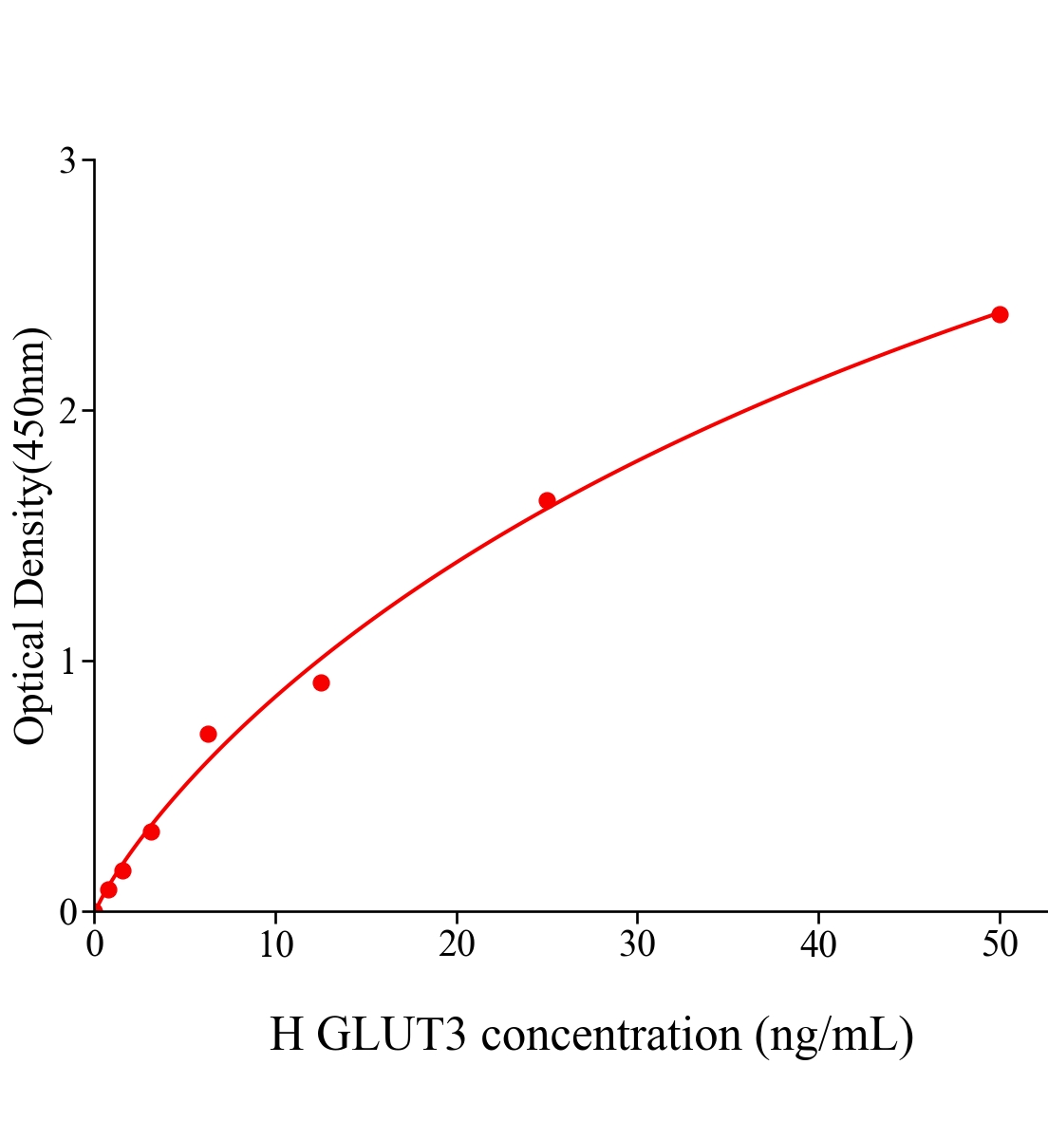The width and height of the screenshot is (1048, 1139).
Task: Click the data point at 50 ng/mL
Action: pyautogui.click(x=1000, y=314)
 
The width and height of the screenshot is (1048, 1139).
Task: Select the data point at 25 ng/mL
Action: pyautogui.click(x=547, y=500)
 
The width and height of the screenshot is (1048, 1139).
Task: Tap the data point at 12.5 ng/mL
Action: pyautogui.click(x=321, y=682)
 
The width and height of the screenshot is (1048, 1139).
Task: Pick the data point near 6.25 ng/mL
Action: pyautogui.click(x=208, y=734)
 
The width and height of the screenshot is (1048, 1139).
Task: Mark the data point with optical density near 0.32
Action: pyautogui.click(x=151, y=831)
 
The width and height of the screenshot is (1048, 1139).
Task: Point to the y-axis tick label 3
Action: pyautogui.click(x=67, y=161)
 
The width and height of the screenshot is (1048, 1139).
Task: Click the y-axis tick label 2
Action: pyautogui.click(x=67, y=411)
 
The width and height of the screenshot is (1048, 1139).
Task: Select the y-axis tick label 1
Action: pyautogui.click(x=67, y=662)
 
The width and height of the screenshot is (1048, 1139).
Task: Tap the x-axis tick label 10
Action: pyautogui.click(x=275, y=944)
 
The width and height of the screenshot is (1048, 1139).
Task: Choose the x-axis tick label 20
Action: pyautogui.click(x=457, y=944)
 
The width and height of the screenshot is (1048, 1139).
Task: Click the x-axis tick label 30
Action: pyautogui.click(x=637, y=944)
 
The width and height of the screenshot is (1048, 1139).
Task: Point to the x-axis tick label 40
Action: pyautogui.click(x=818, y=944)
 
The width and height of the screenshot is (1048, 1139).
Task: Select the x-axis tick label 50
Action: pyautogui.click(x=999, y=944)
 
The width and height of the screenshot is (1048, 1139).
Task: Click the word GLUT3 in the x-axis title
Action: pyautogui.click(x=391, y=1035)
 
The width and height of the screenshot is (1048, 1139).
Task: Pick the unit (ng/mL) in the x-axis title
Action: pyautogui.click(x=834, y=1035)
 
